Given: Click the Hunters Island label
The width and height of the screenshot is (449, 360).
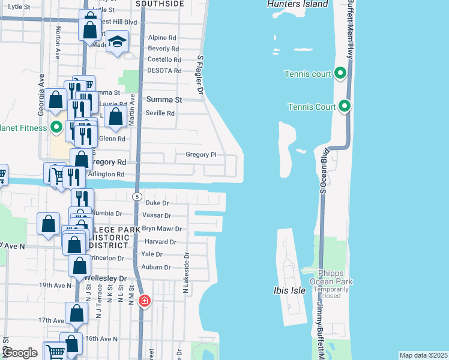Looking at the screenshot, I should point(298,4).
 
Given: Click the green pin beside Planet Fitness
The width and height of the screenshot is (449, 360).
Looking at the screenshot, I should point(56,127).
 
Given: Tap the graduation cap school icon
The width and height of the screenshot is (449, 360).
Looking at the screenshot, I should point(118,42).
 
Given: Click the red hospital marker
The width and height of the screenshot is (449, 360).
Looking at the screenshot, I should point(144,301).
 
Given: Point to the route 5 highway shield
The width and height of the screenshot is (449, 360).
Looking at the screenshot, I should point(137,197).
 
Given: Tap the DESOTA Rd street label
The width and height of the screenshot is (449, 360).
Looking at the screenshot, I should point(164,71).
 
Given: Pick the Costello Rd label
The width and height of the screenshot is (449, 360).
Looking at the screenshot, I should point(164,60).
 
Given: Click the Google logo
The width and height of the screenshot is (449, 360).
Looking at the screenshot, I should point(19,353).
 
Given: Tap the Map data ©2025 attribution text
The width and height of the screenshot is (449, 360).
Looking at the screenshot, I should point(423,355).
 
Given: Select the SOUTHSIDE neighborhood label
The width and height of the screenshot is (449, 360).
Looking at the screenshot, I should point(159,4).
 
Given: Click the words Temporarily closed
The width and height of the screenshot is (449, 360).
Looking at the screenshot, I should point(331,292).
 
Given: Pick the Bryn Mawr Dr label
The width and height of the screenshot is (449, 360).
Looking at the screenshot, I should point(161,229).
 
